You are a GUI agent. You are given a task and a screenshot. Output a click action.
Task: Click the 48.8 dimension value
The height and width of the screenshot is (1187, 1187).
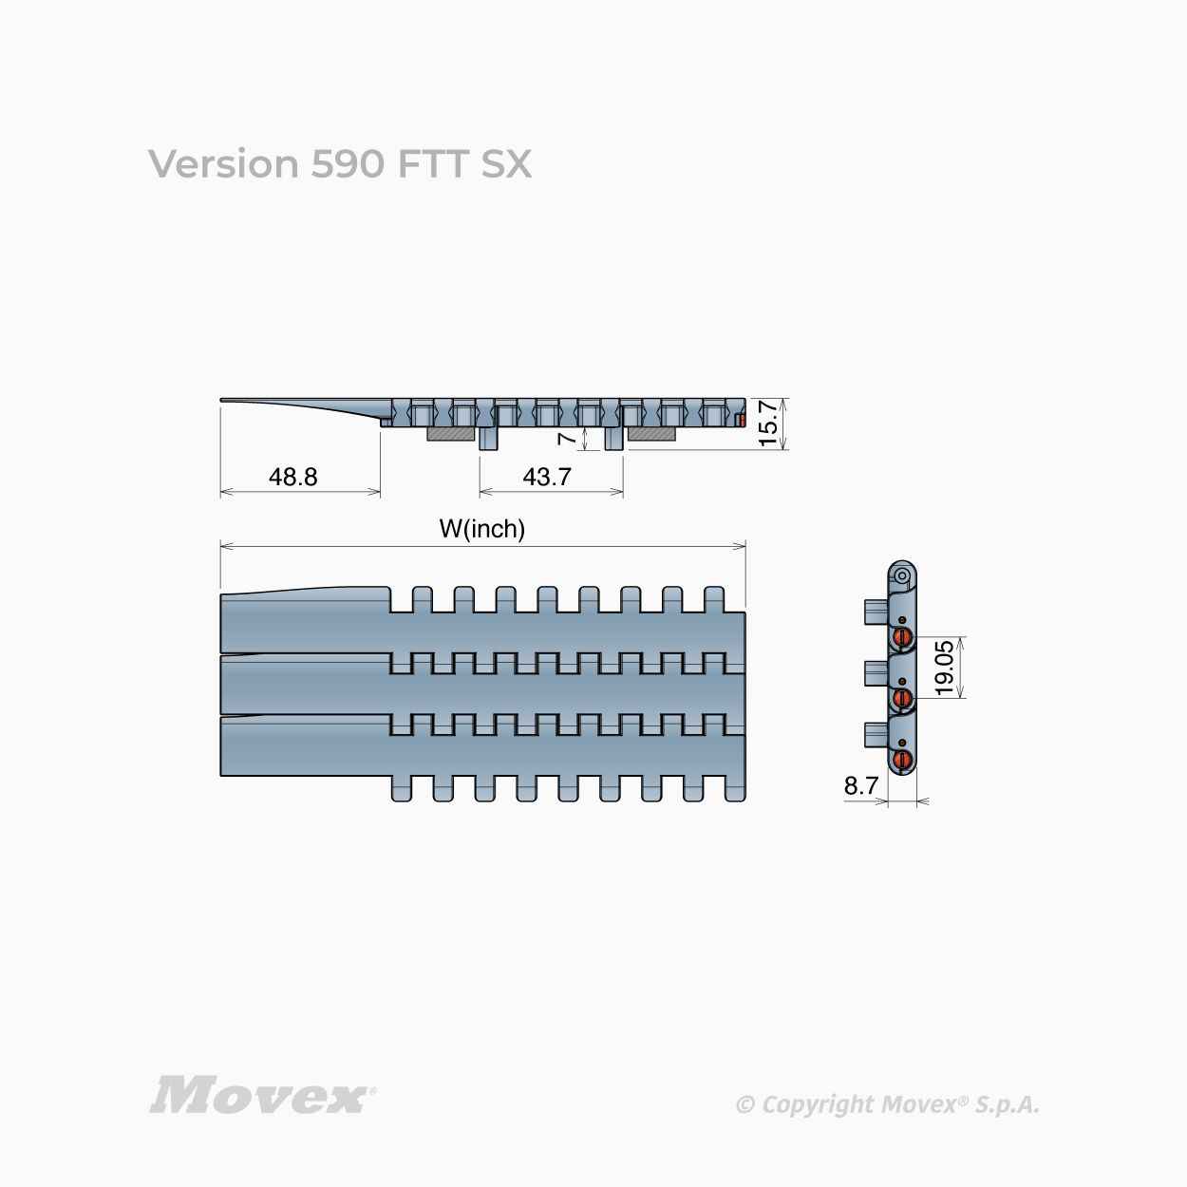[x=292, y=477]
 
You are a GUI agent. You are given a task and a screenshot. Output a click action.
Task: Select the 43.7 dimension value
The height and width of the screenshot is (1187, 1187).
[x=547, y=477]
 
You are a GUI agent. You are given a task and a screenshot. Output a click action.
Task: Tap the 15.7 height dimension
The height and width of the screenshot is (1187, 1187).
[x=768, y=424]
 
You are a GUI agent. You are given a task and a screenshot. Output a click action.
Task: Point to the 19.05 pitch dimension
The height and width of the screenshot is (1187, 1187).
[x=944, y=668]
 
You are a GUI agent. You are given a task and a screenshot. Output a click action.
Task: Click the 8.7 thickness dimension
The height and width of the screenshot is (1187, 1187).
[x=861, y=785]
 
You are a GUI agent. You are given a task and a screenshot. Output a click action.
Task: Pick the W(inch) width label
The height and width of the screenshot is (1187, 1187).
[x=482, y=529]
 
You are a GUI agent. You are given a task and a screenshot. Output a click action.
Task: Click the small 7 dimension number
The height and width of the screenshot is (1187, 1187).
[x=567, y=438]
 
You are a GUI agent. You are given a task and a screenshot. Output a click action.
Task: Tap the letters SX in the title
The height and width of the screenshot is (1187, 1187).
[x=506, y=164]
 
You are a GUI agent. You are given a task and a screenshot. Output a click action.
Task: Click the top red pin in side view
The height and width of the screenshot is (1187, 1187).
[x=902, y=637]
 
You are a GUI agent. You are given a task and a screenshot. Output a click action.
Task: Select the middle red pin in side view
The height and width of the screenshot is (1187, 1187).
[x=902, y=698]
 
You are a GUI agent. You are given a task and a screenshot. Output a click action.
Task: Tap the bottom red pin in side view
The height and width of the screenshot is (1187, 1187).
[x=902, y=759]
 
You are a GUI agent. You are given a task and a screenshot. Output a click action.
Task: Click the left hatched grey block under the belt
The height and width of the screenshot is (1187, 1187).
[x=451, y=434]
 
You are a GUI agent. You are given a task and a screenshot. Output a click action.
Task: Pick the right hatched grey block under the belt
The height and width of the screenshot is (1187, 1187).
[x=651, y=434]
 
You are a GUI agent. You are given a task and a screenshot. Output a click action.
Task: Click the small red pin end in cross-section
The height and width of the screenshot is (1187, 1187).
[x=743, y=421]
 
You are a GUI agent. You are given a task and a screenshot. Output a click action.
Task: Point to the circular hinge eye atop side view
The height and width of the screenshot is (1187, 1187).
[x=901, y=575]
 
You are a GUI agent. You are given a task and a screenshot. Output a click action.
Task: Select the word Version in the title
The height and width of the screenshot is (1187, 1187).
[x=223, y=164]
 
